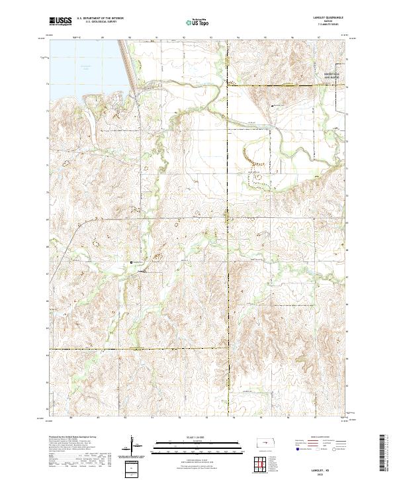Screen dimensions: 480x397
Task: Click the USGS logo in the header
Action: [60, 21]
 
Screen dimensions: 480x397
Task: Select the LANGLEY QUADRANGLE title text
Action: [329, 18]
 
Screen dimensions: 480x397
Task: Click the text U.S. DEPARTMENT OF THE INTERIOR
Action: [100, 19]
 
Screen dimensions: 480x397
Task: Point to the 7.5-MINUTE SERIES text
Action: [329, 24]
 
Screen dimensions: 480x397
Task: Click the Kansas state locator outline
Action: [265, 442]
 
